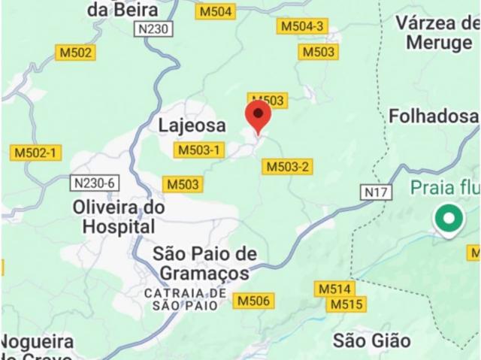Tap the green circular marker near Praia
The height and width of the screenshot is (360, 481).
[x=449, y=219]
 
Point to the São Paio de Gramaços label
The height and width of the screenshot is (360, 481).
[x=204, y=263]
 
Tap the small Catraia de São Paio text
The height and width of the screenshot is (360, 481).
[x=185, y=298]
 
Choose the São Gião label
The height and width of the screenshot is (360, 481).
[x=372, y=340]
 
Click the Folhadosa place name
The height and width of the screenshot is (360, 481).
[x=433, y=116]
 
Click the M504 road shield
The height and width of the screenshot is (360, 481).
[x=216, y=11]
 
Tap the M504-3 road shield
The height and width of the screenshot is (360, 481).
[x=302, y=26]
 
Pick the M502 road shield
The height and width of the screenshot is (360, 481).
[x=76, y=52]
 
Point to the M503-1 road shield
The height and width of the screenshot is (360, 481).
[x=199, y=150]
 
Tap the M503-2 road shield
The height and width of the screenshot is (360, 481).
[x=288, y=166]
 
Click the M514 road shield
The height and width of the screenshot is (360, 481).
[x=334, y=289]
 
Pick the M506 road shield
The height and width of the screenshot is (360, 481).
[x=253, y=301]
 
